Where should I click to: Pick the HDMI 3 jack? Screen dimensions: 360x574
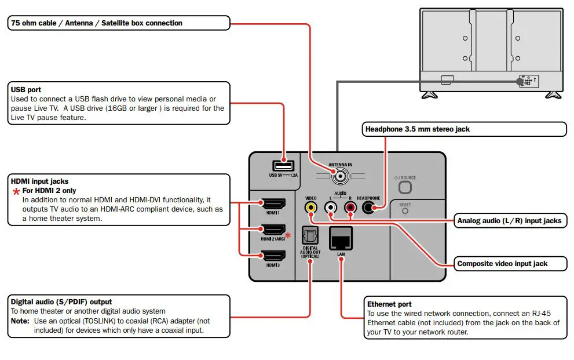274,255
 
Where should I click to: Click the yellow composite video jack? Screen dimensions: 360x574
312,206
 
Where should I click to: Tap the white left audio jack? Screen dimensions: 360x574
331,206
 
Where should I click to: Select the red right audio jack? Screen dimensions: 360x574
350,206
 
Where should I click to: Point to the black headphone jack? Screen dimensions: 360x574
368,206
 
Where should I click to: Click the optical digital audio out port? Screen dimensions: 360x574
310,236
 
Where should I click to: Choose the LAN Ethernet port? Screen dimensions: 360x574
342,238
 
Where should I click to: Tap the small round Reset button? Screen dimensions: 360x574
405,211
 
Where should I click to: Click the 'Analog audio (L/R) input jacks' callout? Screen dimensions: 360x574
509,220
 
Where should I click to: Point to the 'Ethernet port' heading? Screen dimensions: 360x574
389,304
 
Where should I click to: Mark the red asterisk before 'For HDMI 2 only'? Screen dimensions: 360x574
16,191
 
